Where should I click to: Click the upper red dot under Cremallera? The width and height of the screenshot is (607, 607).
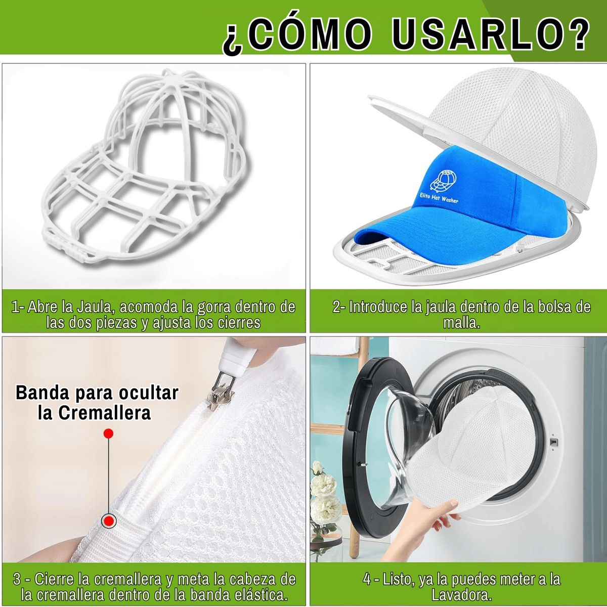[108, 433]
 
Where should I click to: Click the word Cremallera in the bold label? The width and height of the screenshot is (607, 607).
[95, 412]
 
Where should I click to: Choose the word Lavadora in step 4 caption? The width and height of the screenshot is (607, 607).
[461, 595]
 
